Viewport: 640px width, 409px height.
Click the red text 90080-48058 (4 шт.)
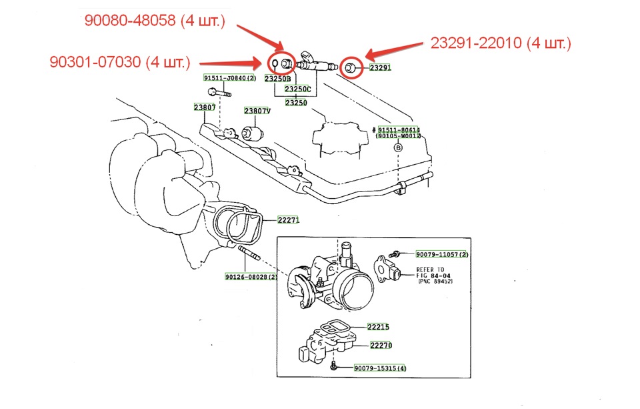click(x=155, y=21)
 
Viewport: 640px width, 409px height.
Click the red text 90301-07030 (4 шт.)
click(x=120, y=63)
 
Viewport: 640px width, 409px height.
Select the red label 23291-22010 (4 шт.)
click(x=501, y=44)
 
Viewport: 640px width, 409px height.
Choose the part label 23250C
click(x=298, y=89)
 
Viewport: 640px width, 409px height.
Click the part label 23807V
click(x=256, y=111)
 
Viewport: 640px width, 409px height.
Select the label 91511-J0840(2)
click(x=230, y=78)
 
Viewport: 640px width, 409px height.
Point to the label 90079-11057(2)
click(x=442, y=255)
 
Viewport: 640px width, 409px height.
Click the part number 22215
click(x=379, y=327)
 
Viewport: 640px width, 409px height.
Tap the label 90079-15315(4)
click(x=380, y=368)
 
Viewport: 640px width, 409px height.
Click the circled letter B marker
click(x=399, y=147)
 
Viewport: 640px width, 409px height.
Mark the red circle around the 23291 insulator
click(x=350, y=67)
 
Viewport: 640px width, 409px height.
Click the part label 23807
click(x=205, y=107)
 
